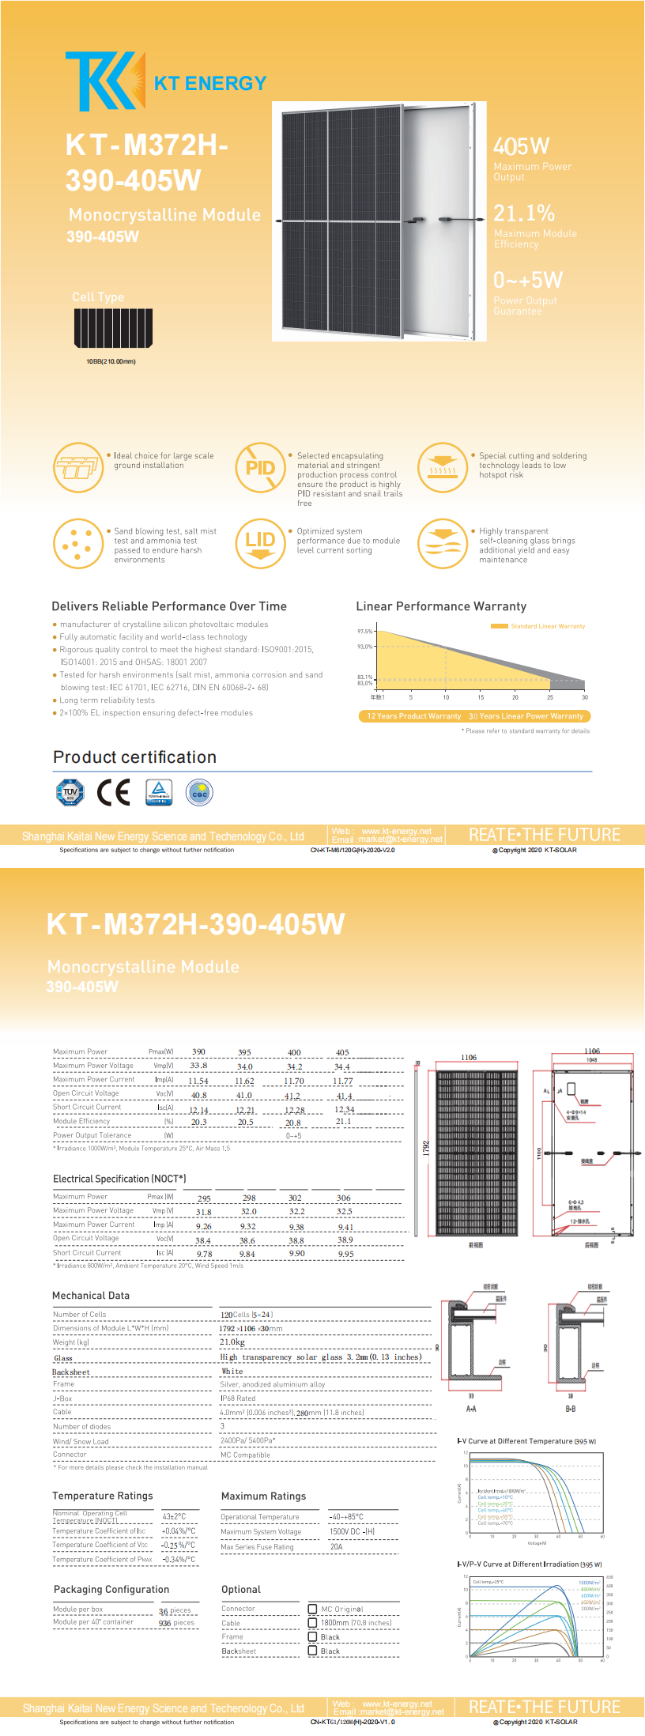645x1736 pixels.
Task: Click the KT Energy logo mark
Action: coord(104,81)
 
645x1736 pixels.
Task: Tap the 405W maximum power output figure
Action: coord(521,146)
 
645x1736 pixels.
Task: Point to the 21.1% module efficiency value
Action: coord(524,213)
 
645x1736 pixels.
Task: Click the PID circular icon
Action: coord(260,468)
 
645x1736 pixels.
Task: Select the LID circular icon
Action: coord(260,543)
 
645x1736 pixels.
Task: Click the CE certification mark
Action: coord(113,792)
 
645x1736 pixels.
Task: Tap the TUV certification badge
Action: coord(70,792)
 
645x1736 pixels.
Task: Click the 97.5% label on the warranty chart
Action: coord(364,632)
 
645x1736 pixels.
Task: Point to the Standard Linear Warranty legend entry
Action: coord(538,626)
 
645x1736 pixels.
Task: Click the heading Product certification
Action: coord(134,757)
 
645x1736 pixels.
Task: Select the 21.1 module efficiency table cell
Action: coord(343,1121)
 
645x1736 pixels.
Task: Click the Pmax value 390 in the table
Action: coord(199,1051)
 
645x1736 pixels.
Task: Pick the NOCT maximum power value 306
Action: coord(343,1198)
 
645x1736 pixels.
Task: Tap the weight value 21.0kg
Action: coord(232,1342)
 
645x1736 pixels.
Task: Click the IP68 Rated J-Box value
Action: coord(238,1398)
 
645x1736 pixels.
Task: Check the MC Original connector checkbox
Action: coord(312,1609)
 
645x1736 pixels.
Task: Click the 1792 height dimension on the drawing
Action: coord(425,1148)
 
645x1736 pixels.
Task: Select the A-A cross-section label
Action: coord(471,1408)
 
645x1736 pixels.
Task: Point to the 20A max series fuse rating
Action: coord(337,1546)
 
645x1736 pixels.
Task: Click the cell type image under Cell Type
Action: coord(113,328)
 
